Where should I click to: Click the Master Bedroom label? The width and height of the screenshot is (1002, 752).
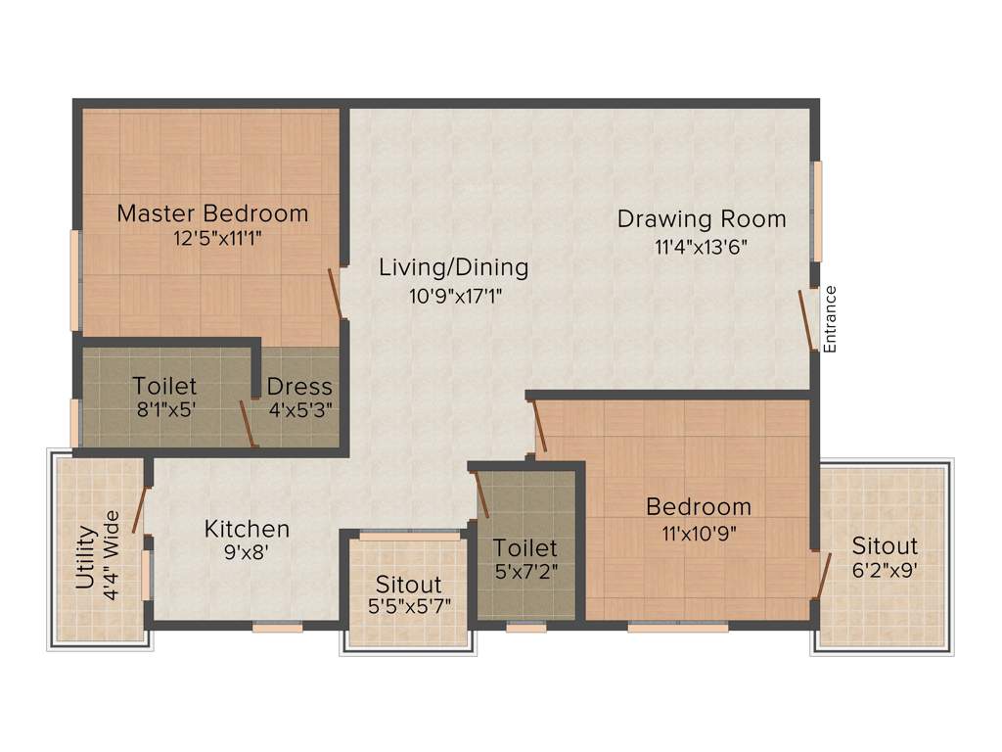pyautogui.click(x=212, y=212)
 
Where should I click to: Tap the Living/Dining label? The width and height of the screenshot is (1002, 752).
pyautogui.click(x=454, y=266)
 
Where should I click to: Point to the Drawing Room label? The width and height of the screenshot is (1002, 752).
pyautogui.click(x=701, y=218)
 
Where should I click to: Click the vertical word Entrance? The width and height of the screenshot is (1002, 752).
pyautogui.click(x=830, y=319)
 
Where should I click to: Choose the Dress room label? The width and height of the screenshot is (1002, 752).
pyautogui.click(x=299, y=387)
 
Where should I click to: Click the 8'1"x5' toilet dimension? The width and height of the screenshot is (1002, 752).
pyautogui.click(x=164, y=411)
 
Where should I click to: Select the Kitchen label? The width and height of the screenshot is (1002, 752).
pyautogui.click(x=247, y=529)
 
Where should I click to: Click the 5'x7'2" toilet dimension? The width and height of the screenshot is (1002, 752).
pyautogui.click(x=525, y=572)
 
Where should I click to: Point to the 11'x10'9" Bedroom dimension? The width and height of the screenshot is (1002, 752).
pyautogui.click(x=699, y=534)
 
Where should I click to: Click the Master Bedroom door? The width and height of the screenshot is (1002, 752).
pyautogui.click(x=335, y=294)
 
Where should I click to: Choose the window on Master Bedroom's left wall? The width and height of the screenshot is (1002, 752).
pyautogui.click(x=74, y=280)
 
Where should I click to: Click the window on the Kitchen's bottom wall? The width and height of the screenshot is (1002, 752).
pyautogui.click(x=277, y=627)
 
